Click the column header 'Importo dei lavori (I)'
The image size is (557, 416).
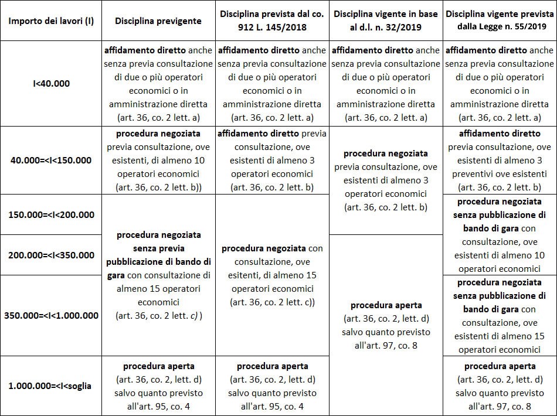click(51, 21)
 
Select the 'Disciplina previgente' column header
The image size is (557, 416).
click(158, 21)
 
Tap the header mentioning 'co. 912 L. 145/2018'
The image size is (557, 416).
click(272, 21)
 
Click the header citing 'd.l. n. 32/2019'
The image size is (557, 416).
click(386, 21)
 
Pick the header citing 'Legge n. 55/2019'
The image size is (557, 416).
click(499, 21)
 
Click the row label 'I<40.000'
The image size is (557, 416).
click(51, 83)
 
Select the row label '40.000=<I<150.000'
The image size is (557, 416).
click(51, 160)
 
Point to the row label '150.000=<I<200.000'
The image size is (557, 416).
click(51, 214)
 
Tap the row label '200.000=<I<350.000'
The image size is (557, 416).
click(51, 255)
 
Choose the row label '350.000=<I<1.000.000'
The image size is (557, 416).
click(51, 315)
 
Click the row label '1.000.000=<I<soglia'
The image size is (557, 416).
click(51, 386)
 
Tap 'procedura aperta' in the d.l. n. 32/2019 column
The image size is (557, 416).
click(386, 305)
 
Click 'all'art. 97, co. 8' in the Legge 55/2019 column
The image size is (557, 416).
click(499, 406)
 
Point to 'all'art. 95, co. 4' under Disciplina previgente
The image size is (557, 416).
click(158, 406)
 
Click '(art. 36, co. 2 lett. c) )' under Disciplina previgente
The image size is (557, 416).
click(158, 316)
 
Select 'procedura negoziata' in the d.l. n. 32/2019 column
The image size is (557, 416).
click(386, 154)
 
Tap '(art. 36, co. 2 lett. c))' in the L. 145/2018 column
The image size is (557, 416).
click(272, 302)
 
